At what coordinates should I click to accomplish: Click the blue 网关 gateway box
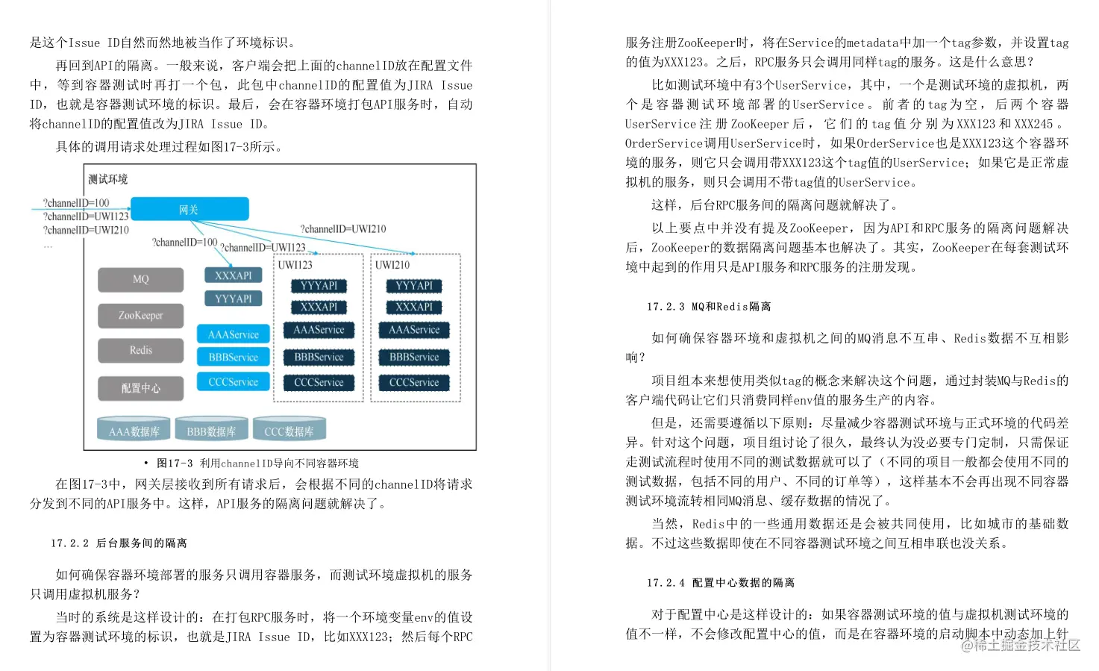(190, 209)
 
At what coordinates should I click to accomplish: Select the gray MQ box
(140, 279)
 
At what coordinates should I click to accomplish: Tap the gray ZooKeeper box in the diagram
(140, 315)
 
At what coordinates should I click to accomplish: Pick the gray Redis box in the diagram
(140, 350)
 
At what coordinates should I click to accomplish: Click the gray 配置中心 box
(140, 388)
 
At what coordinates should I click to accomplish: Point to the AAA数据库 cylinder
(134, 431)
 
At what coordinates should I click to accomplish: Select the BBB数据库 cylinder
(211, 431)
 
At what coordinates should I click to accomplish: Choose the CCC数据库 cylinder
(289, 431)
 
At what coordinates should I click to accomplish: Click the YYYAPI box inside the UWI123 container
(319, 286)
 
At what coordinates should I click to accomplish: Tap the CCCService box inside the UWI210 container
(414, 383)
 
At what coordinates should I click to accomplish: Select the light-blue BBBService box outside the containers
(234, 358)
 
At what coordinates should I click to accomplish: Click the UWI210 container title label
(392, 265)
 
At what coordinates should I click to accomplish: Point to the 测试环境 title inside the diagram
(108, 179)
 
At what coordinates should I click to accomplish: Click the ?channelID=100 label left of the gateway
(76, 203)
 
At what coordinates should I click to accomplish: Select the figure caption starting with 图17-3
(257, 463)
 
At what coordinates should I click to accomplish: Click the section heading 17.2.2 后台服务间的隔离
(119, 543)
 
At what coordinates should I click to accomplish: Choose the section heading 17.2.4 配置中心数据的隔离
(721, 582)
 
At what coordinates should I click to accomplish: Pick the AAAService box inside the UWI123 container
(319, 330)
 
